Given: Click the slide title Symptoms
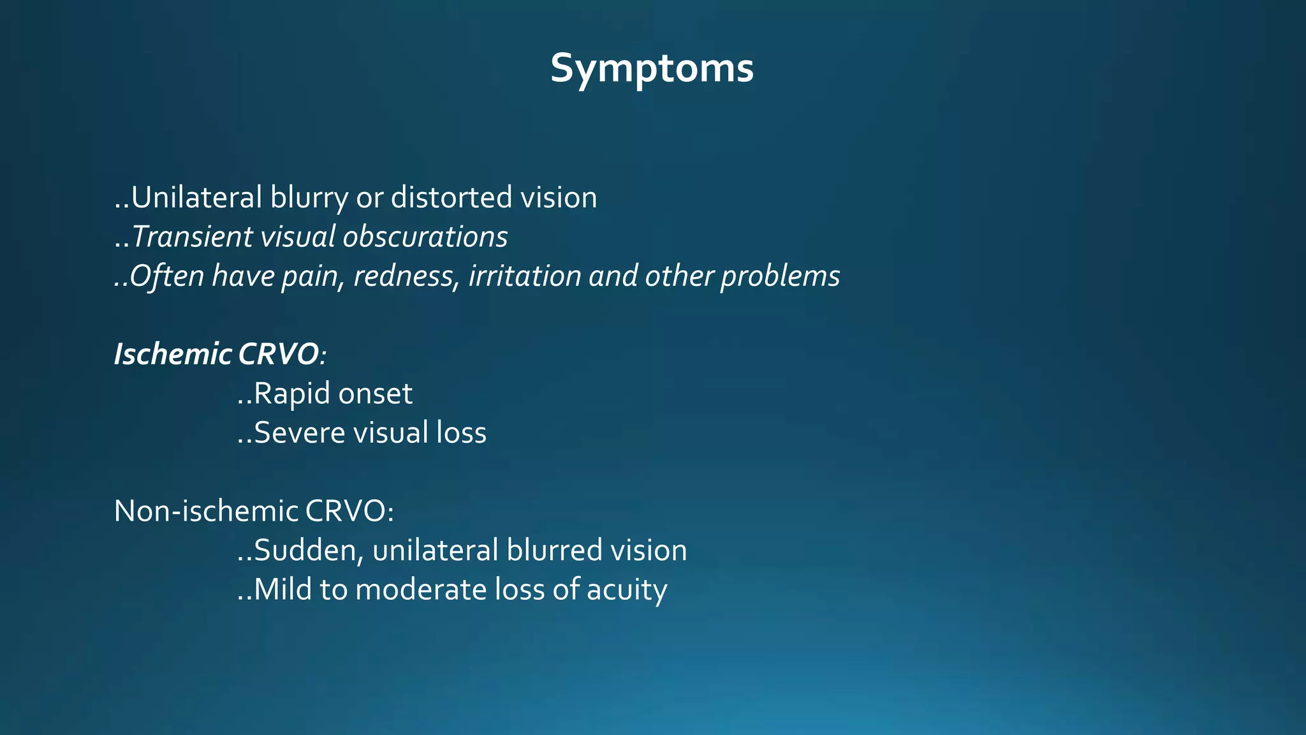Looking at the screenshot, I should (652, 68).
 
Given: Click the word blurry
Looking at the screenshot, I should (309, 198).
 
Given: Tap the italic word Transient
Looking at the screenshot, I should (192, 237).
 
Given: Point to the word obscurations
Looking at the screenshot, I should (425, 237).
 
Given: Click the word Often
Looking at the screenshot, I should (168, 276).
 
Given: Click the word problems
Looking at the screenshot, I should (780, 276).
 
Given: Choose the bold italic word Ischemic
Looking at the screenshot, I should (173, 354).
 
